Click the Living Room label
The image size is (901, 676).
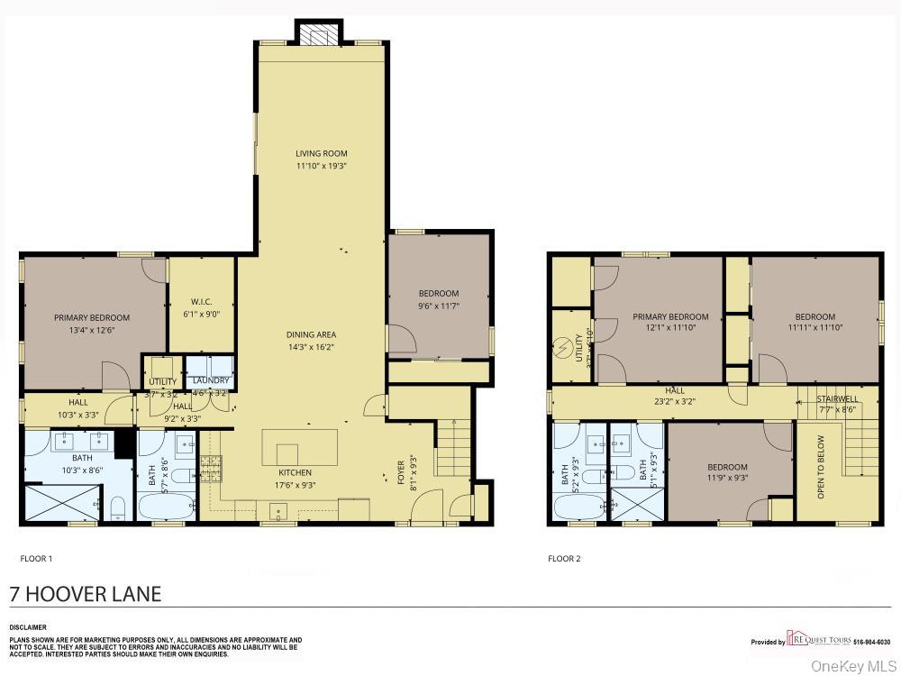322,153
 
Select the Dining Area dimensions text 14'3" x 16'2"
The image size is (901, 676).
311,346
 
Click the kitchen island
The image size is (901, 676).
299,447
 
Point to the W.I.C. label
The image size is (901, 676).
201,302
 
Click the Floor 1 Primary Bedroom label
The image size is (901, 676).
92,317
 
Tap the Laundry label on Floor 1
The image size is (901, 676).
211,380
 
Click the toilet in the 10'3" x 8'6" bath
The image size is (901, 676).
117,509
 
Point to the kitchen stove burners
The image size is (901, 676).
210,467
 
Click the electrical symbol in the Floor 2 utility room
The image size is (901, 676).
565,346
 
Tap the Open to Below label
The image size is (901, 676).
821,467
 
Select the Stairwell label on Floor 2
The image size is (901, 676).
837,398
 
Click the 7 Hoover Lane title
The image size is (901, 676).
86,594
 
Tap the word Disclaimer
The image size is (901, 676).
28,627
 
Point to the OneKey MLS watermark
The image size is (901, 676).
851,666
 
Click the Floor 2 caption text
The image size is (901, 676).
564,559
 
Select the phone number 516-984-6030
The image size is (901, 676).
872,643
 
